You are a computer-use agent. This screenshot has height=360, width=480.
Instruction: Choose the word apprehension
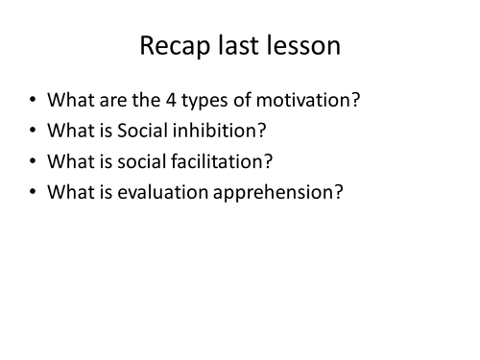(277, 193)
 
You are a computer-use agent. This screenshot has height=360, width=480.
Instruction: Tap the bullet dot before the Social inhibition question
(33, 131)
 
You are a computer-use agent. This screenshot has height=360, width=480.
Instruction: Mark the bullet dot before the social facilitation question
(33, 162)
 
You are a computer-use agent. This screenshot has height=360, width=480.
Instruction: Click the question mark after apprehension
(337, 192)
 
